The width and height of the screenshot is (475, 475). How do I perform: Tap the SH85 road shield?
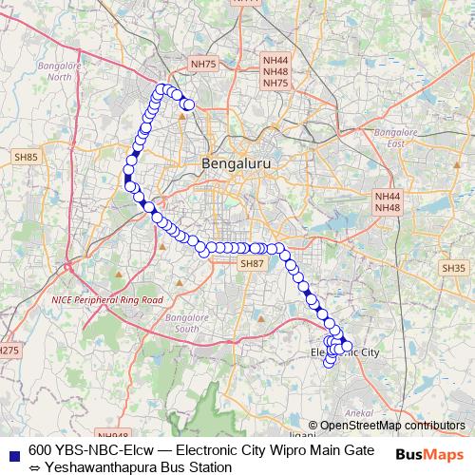pos(26,157)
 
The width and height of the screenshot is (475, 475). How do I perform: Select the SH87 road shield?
pos(251,263)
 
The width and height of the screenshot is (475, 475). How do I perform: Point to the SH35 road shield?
pos(452,269)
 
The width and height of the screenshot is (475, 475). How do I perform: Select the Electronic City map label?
pos(345,353)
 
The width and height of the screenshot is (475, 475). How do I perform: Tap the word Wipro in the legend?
pos(274,448)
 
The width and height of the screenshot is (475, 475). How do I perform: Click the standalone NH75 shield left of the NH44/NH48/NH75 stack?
pos(203,64)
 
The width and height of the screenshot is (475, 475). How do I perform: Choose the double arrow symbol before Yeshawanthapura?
pos(34,467)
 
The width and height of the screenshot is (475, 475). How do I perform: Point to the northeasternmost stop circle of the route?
pos(188,104)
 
